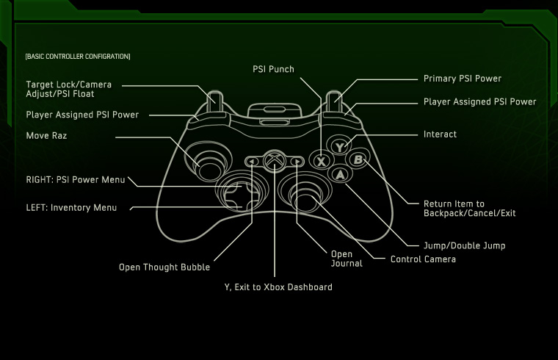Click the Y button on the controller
339,146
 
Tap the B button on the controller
358,159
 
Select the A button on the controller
339,174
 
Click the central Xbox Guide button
274,160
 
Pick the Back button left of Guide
252,161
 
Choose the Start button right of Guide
296,161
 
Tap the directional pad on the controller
236,193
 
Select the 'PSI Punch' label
272,70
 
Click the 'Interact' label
440,134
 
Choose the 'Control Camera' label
423,259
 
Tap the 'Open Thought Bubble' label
164,267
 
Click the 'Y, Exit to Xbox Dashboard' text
278,287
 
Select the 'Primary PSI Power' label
463,79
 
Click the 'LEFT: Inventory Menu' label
71,208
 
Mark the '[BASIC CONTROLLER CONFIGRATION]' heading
77,57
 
